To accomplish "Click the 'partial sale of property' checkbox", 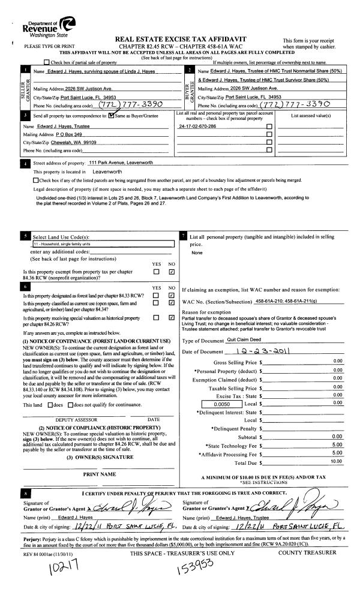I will (47, 62).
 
